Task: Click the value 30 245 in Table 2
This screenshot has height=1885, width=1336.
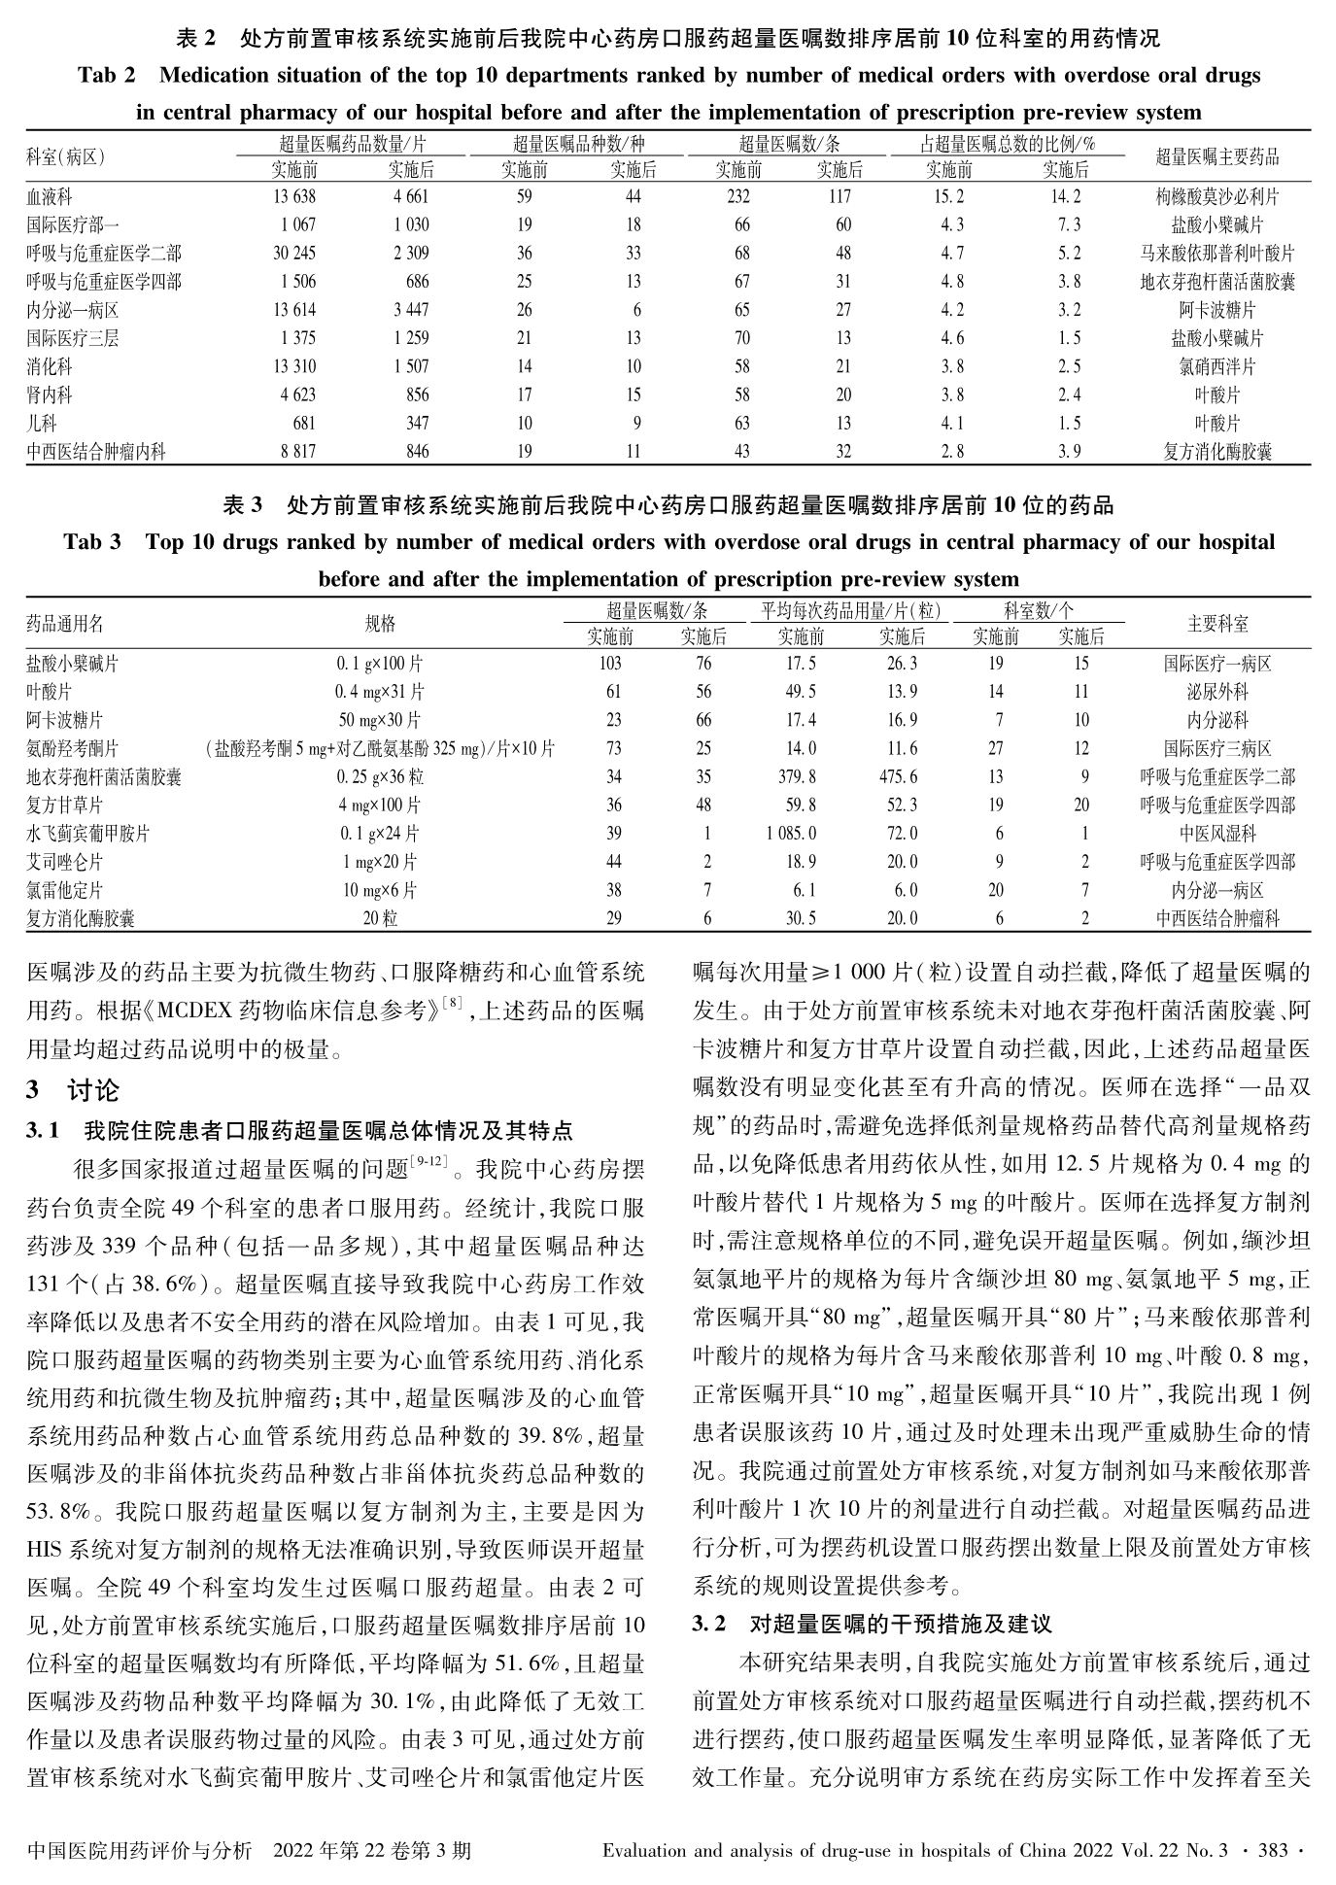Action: click(293, 254)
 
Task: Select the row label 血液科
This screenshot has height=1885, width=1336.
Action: click(50, 197)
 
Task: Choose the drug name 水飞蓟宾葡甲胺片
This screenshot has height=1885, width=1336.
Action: click(88, 834)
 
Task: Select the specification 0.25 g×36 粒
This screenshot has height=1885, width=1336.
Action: click(380, 777)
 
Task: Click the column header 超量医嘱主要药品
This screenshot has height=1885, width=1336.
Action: click(1216, 156)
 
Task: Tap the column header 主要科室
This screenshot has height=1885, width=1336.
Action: click(1217, 624)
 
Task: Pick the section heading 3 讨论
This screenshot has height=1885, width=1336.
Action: click(73, 1091)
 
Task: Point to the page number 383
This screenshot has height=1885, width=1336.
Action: click(1273, 1850)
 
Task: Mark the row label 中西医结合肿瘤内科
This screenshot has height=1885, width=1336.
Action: click(96, 452)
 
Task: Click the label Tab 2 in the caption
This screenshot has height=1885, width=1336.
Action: click(107, 76)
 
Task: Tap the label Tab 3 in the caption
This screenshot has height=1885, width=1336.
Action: click(92, 542)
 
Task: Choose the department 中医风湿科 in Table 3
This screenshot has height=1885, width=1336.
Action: click(1217, 834)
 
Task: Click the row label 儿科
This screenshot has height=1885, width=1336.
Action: click(42, 424)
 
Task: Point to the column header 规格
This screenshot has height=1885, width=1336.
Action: click(380, 624)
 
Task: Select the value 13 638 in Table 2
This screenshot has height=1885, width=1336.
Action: click(293, 197)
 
